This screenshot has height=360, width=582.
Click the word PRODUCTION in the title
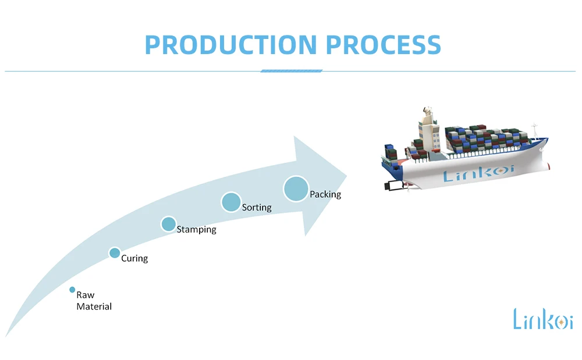(231, 45)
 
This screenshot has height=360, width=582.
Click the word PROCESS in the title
(384, 45)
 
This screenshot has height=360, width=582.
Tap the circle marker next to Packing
(296, 188)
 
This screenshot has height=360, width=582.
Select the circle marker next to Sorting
(231, 202)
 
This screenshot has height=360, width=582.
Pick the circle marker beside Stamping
(169, 224)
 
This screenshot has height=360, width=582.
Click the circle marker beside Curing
(115, 253)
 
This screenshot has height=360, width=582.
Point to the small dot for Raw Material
(72, 290)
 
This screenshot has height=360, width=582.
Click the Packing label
(325, 194)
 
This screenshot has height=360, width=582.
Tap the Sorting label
(257, 208)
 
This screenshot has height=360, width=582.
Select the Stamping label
(196, 230)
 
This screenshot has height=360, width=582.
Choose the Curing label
(134, 258)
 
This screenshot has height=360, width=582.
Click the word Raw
(86, 295)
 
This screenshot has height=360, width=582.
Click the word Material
(94, 306)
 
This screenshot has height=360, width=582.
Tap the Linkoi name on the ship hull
(479, 173)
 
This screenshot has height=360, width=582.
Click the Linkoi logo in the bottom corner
(543, 319)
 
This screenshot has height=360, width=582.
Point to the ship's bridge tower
(428, 130)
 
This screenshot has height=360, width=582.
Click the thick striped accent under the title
(292, 71)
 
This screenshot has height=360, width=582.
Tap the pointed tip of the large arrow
(346, 176)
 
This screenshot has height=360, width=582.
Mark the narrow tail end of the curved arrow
(6, 336)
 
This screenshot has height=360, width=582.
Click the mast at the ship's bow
(534, 130)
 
